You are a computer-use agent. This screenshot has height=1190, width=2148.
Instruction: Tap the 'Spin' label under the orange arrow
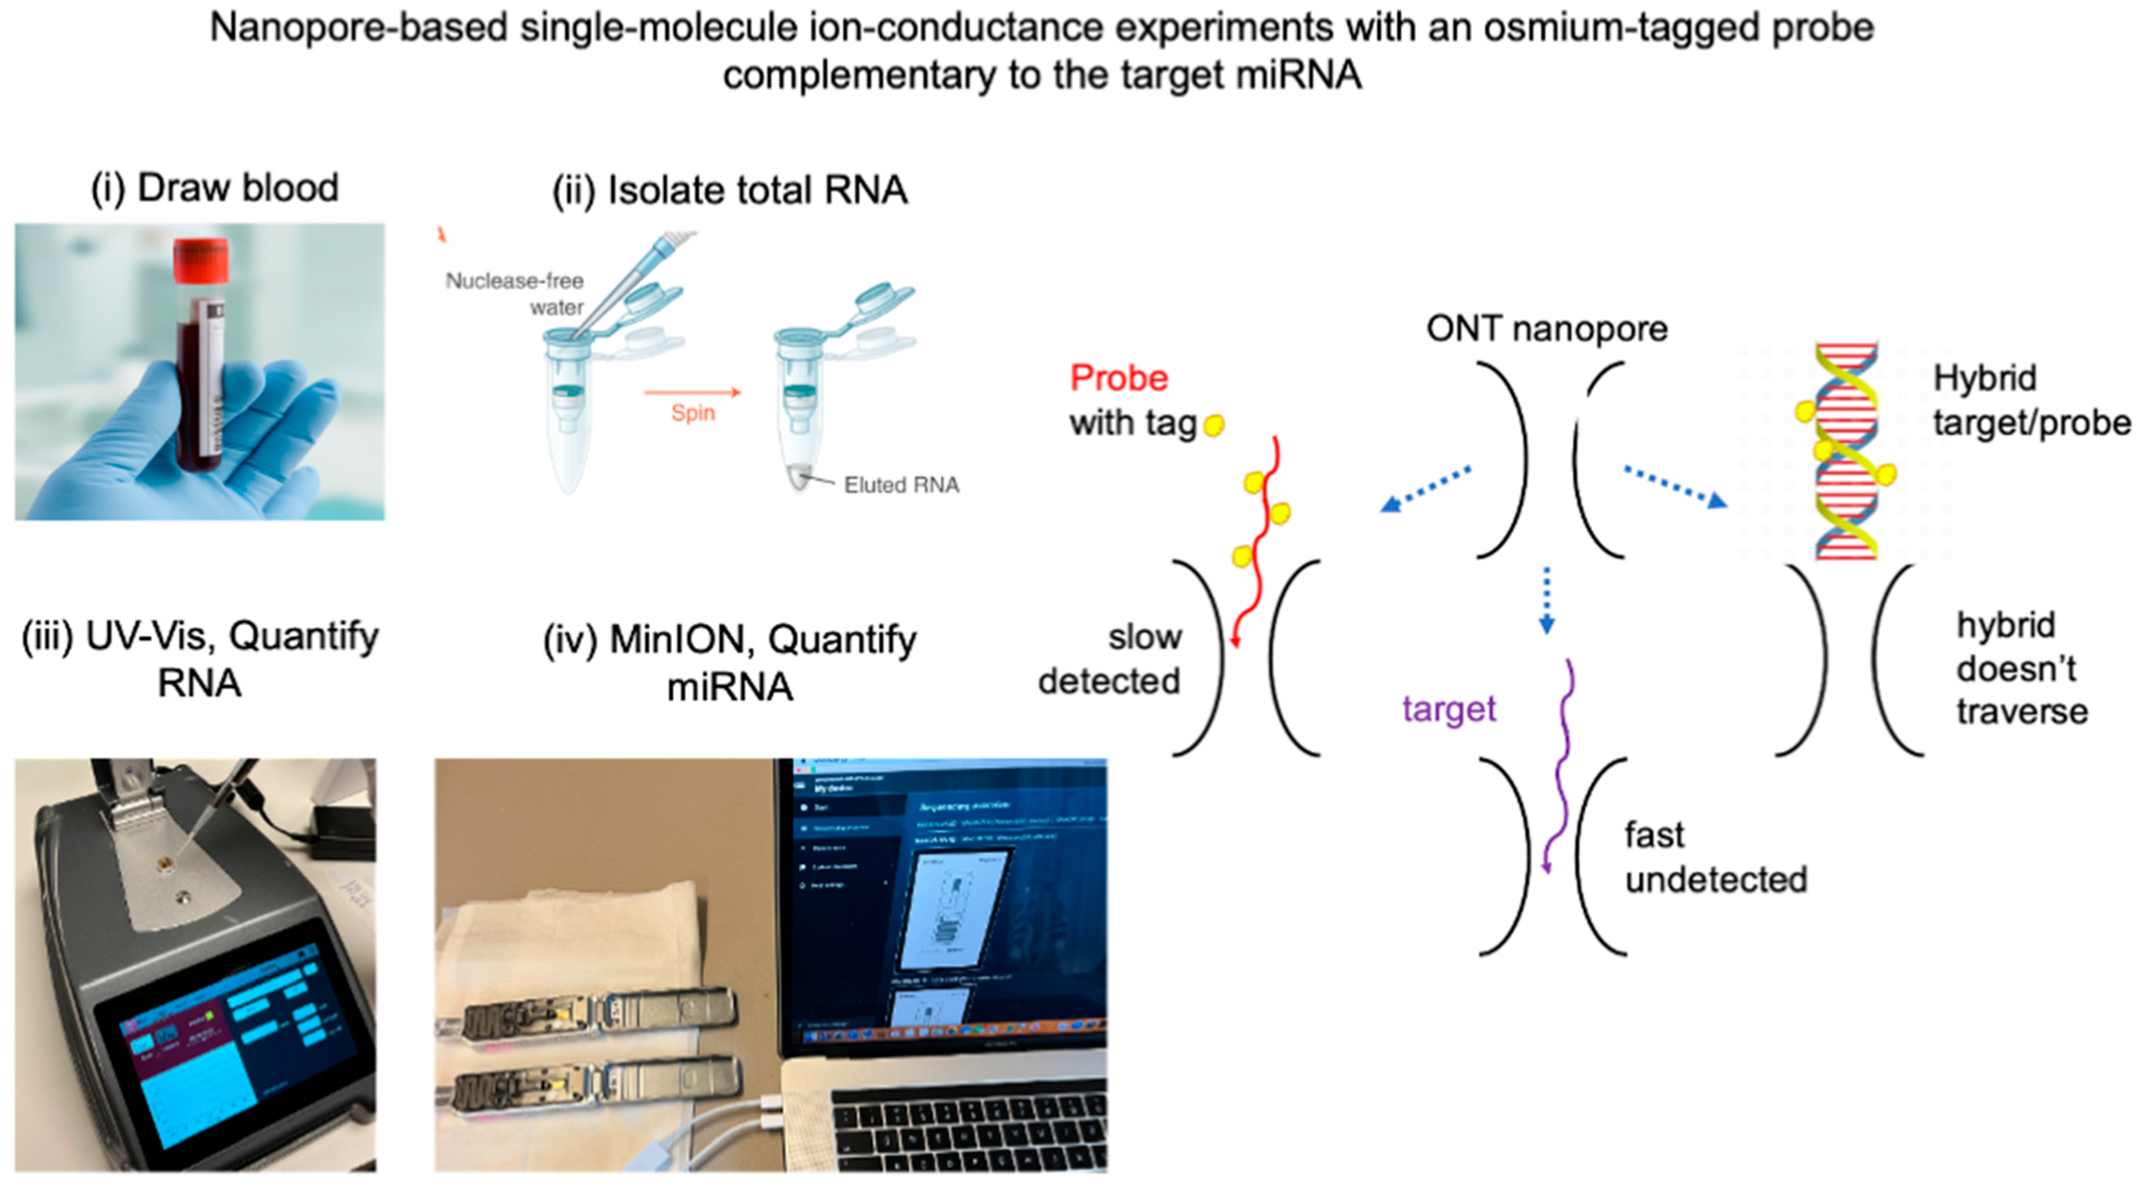693,413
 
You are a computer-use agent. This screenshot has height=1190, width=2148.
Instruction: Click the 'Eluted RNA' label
901,485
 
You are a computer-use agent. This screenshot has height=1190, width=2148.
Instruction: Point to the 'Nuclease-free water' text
515,294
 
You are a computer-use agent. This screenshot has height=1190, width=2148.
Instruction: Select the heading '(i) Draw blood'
214,187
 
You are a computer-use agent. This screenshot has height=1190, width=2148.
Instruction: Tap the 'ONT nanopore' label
1546,328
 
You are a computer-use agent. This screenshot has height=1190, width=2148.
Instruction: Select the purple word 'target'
1448,709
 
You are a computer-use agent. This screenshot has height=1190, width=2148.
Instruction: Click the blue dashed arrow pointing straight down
1546,601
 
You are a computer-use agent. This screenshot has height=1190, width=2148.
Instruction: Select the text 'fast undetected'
1714,857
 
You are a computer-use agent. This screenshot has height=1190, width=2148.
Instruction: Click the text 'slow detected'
1110,659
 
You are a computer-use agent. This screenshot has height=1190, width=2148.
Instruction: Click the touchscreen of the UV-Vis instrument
234,1043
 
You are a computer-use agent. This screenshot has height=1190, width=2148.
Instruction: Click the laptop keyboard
967,1134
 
